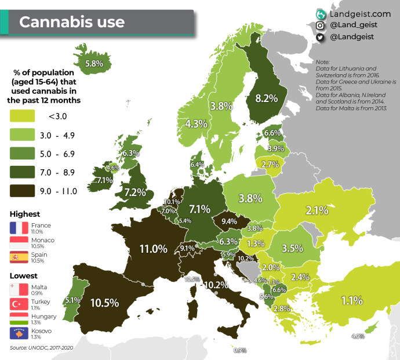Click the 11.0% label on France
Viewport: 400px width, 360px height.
[x=153, y=249]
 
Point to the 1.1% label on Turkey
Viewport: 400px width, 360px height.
[x=351, y=300]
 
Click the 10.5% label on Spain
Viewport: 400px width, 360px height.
[x=104, y=303]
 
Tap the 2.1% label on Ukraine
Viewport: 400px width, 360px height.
[x=318, y=210]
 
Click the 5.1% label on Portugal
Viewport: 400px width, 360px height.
[x=72, y=300]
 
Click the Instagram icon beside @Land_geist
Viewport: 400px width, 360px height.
[x=320, y=26]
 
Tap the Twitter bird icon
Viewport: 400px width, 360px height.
[x=320, y=38]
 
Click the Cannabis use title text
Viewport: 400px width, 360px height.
[x=72, y=23]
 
